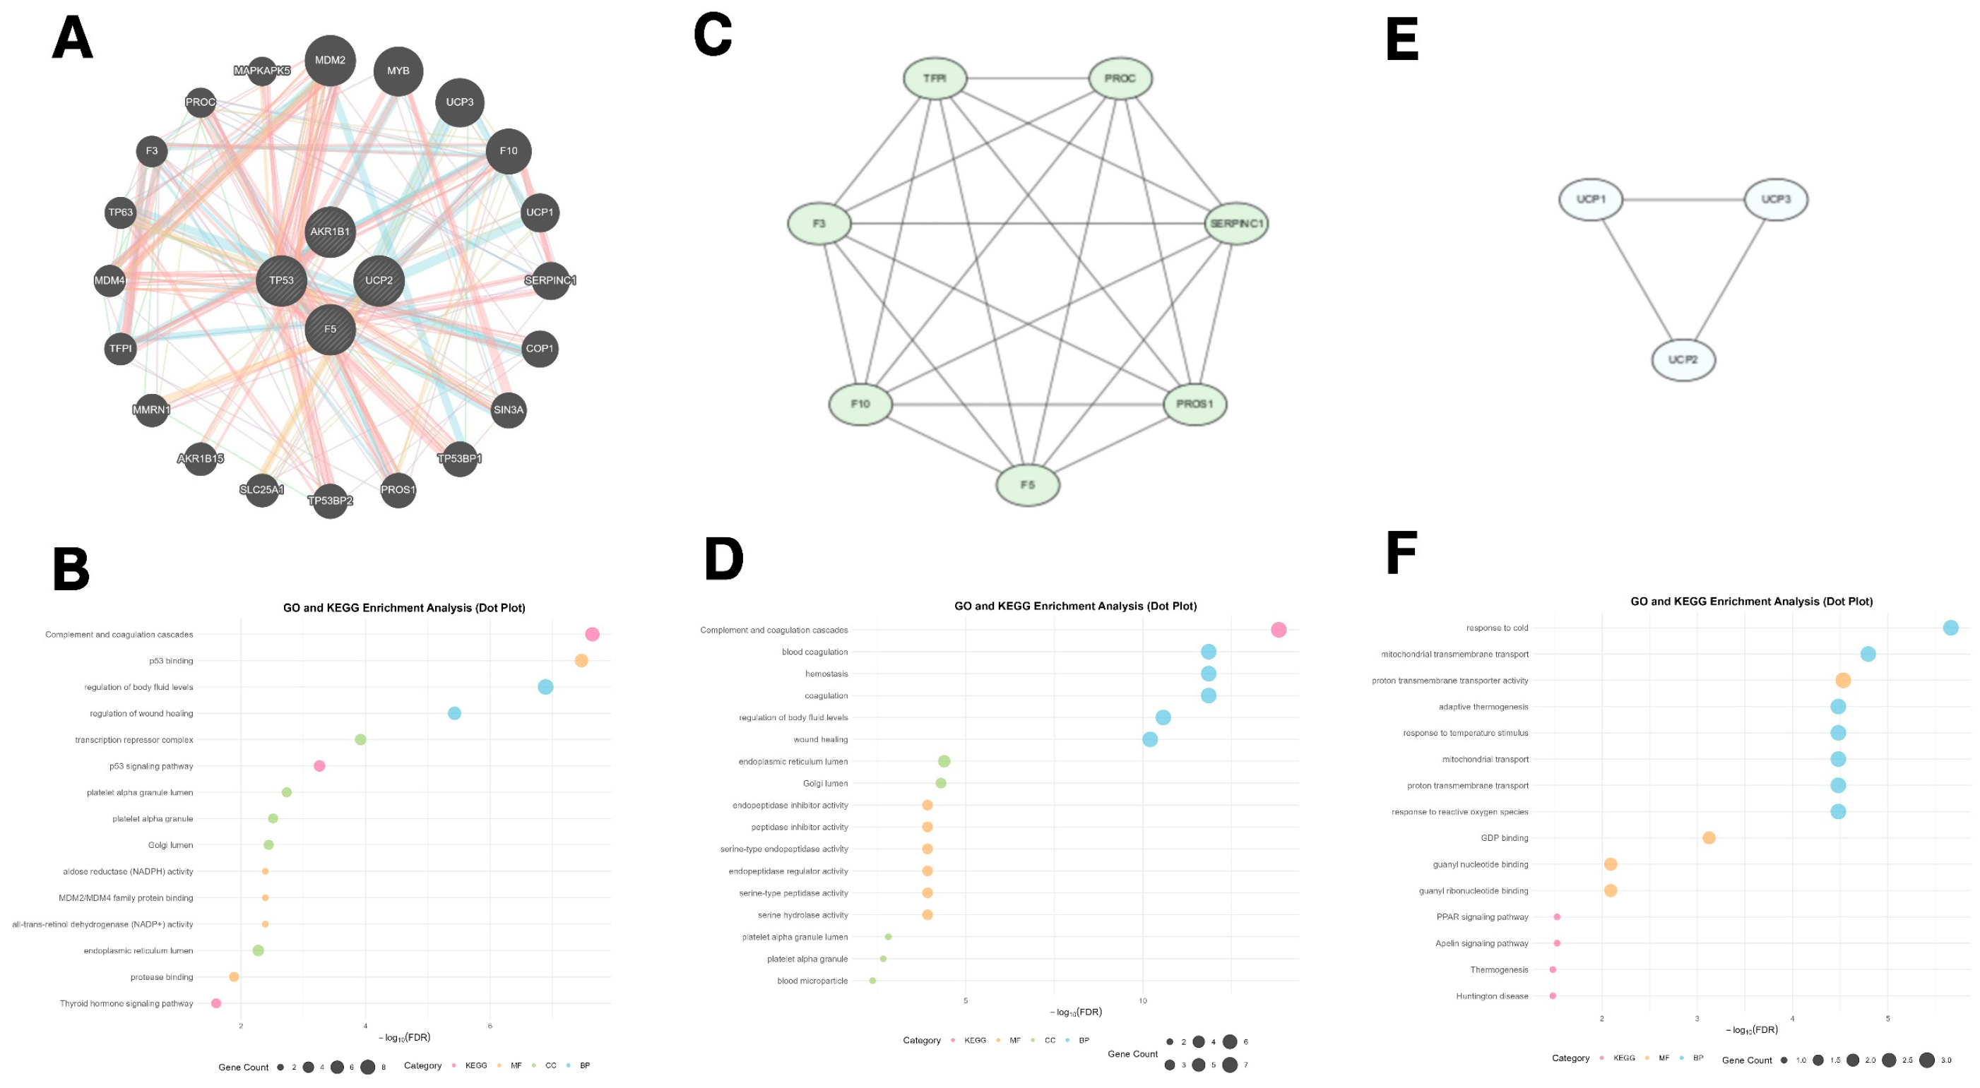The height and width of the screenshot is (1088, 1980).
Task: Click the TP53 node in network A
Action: pos(281,280)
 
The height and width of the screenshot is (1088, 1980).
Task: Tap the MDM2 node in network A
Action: pos(330,60)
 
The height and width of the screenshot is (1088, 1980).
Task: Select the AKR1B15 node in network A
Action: pos(201,459)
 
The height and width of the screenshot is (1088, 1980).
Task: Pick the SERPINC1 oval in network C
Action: pos(1236,224)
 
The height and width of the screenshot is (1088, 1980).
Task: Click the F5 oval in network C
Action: pos(1028,485)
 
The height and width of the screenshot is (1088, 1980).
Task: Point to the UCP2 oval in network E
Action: pos(1683,359)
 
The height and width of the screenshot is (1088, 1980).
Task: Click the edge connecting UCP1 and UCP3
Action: pos(1683,200)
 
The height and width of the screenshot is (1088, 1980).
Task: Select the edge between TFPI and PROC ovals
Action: pos(1028,78)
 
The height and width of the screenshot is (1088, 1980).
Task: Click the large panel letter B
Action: pos(71,569)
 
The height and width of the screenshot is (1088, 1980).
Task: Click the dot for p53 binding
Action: pos(581,661)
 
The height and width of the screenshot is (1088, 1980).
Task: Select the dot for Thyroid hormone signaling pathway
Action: pos(216,1003)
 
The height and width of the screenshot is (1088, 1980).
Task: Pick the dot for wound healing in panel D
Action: pos(1150,739)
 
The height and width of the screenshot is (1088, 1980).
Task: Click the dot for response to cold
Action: pos(1951,628)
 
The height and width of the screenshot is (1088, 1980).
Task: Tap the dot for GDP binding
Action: pos(1709,837)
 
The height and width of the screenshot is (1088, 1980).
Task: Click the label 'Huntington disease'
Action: pos(1492,996)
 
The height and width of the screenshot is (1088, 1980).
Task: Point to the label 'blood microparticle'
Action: pos(812,981)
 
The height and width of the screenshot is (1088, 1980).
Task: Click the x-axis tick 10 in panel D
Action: pos(1143,1000)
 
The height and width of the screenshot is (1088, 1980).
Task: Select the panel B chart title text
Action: pos(404,608)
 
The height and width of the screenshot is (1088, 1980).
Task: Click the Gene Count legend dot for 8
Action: pos(367,1068)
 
